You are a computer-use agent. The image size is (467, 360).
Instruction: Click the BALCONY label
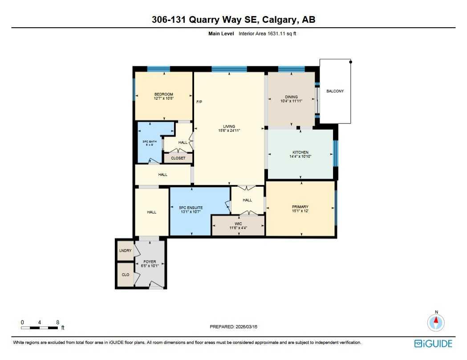[335, 91]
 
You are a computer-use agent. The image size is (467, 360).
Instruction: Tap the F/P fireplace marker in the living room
[199, 102]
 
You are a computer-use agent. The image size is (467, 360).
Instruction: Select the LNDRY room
[126, 251]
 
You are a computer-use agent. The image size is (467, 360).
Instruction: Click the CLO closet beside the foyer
[126, 275]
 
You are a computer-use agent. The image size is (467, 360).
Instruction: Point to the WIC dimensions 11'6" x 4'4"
[238, 228]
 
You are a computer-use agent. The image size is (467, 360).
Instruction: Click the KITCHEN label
[301, 152]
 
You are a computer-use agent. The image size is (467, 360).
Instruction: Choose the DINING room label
[291, 97]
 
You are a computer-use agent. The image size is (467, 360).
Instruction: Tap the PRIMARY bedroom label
[300, 207]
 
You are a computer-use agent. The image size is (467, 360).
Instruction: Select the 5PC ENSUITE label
[191, 208]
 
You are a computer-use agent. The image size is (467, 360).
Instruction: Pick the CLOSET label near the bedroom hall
[178, 158]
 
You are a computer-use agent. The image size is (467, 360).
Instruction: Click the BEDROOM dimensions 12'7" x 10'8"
[163, 98]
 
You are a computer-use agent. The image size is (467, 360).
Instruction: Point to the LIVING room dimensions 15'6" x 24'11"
[229, 131]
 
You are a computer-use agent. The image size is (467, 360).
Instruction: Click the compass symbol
[436, 322]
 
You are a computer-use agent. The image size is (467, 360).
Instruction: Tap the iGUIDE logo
[433, 344]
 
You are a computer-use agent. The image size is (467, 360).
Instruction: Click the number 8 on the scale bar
[58, 322]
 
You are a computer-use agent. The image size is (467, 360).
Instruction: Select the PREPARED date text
[233, 327]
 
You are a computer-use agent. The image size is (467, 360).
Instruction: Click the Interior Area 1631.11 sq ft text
[267, 33]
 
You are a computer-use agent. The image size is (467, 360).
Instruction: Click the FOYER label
[150, 262]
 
